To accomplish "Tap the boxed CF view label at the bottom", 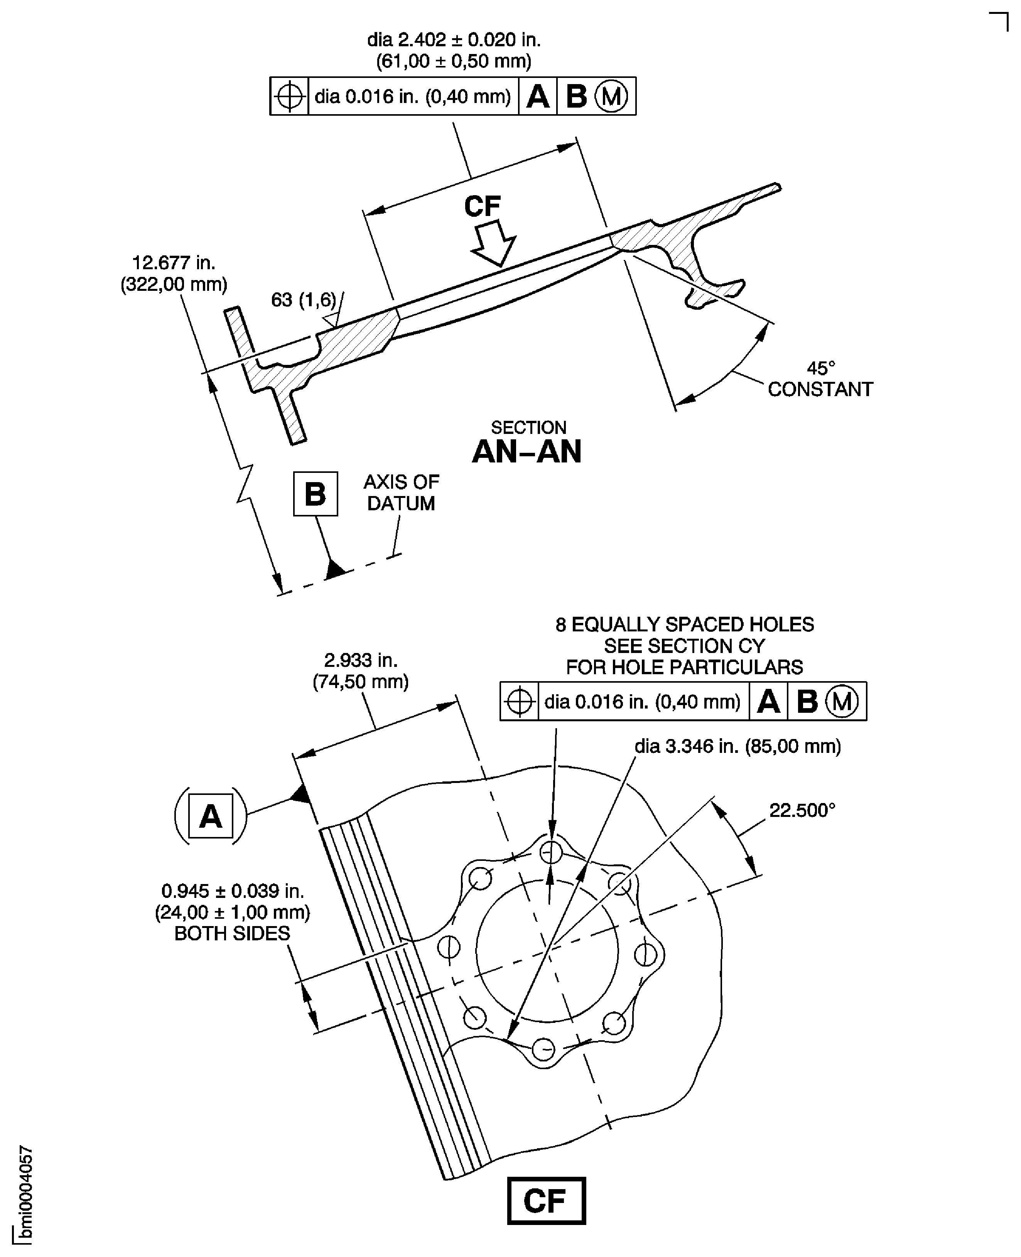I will tap(546, 1201).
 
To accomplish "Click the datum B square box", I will tap(315, 494).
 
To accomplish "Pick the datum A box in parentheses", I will tap(211, 816).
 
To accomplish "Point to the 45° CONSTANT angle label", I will tap(820, 380).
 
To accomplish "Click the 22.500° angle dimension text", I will tap(802, 810).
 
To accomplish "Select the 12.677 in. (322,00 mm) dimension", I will tap(174, 273).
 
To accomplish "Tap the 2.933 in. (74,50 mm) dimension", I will tap(361, 671).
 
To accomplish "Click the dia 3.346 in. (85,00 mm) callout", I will tap(737, 746).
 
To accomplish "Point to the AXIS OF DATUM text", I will tap(401, 493).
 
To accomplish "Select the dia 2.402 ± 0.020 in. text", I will tap(454, 40).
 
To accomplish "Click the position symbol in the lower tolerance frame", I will tap(519, 702).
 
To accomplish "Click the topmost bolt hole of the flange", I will tap(551, 851).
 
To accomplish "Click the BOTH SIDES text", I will tap(232, 933).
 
